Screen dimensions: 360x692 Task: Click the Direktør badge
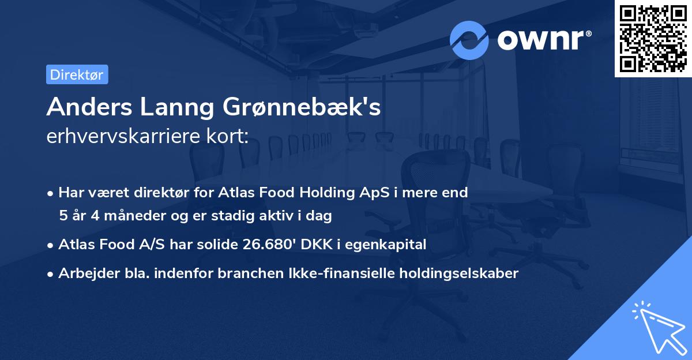77,74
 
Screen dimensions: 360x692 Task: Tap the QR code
653,38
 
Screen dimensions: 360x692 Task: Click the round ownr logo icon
469,40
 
